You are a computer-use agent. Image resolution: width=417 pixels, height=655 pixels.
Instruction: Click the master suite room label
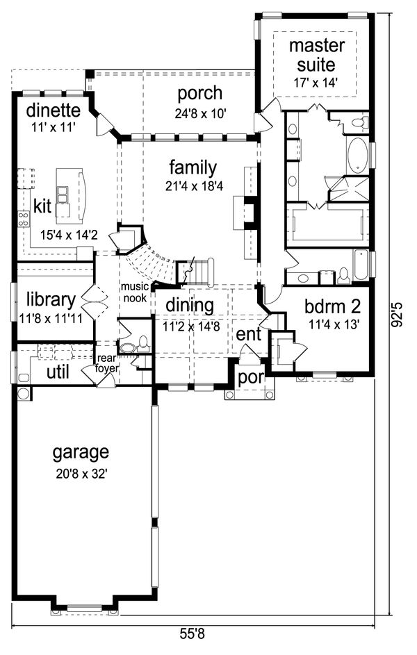317,55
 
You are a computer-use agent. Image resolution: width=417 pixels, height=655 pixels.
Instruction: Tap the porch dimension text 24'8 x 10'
201,113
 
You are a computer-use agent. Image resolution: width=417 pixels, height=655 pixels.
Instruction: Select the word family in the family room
193,168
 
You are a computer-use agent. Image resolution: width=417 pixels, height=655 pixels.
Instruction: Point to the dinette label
53,110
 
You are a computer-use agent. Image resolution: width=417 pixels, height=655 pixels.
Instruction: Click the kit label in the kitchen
42,206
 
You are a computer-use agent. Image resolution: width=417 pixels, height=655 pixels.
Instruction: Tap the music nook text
135,292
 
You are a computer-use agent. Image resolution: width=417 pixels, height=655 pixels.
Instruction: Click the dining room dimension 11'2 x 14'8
193,326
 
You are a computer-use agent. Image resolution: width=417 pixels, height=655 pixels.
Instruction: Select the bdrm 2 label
332,307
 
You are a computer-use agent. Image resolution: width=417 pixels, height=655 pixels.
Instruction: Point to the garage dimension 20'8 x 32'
82,474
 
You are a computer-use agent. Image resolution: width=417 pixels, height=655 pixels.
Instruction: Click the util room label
58,372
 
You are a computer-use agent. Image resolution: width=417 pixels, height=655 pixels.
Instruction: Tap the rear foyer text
107,363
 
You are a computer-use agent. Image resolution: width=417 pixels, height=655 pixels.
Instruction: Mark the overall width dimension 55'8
193,635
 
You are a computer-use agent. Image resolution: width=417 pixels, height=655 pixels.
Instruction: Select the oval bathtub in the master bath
357,156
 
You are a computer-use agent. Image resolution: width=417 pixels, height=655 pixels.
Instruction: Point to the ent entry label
249,334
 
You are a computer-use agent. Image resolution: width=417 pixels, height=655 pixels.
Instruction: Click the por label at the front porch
251,378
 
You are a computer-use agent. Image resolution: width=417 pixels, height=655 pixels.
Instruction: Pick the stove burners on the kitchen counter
24,219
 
